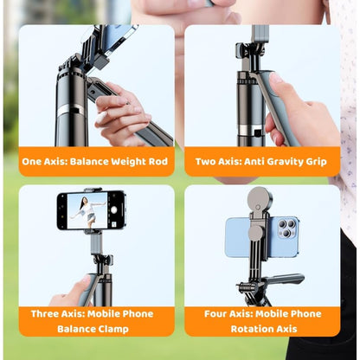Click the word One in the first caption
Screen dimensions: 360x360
pos(33,161)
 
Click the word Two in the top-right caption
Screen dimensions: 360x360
pos(206,161)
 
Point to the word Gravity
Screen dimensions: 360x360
pos(289,161)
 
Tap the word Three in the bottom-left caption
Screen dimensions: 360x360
pos(44,313)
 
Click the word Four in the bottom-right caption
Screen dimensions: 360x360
pos(208,313)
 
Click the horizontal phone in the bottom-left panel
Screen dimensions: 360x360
pos(91,210)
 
